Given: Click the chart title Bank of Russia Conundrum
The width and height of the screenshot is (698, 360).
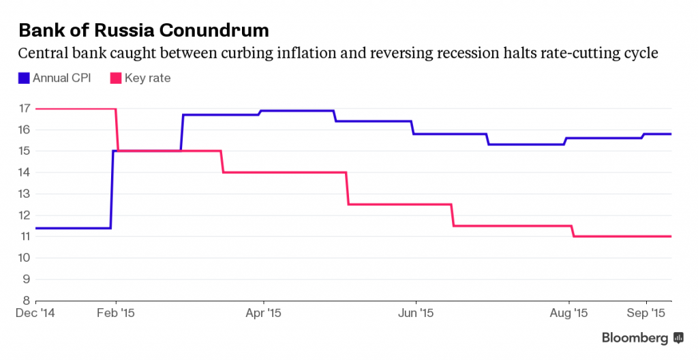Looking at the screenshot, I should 143,31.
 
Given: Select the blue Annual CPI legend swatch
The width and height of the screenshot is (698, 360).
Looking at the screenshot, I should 24,78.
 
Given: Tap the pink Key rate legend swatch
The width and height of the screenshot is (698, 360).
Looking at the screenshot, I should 116,78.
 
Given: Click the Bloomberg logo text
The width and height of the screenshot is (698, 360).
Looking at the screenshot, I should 635,338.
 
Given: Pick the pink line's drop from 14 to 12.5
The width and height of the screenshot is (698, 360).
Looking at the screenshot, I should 348,188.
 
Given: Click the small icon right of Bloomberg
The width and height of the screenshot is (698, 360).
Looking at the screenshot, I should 678,338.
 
